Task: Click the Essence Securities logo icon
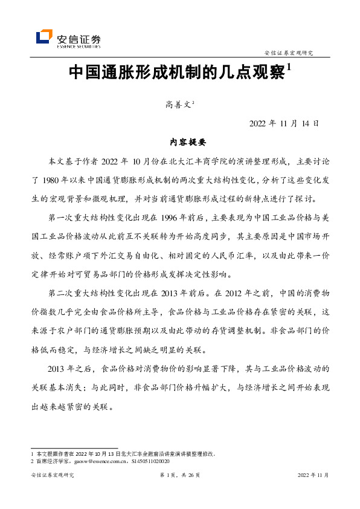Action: [x=45, y=37]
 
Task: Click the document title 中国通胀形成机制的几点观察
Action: [x=177, y=74]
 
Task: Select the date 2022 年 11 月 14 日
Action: [x=283, y=123]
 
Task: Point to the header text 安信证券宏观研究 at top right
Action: [x=293, y=53]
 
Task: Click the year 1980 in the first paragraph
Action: [x=54, y=180]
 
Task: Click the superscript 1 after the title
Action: [x=289, y=69]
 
